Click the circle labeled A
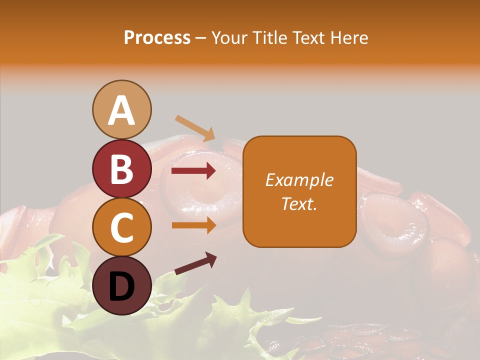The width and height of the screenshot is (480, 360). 121,109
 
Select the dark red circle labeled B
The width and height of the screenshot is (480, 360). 121,168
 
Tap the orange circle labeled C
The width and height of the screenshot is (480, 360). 121,227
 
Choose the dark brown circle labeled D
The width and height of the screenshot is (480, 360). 121,285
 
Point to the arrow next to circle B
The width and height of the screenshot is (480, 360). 193,171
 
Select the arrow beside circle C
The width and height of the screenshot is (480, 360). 193,225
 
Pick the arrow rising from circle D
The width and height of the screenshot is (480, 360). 195,263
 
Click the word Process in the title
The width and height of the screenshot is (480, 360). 157,38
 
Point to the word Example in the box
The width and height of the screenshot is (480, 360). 299,180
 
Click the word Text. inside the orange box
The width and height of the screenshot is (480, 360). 299,203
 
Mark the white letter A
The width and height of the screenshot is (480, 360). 121,110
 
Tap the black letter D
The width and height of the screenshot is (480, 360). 121,286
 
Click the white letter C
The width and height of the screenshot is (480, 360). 121,227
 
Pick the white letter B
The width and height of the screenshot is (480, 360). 121,169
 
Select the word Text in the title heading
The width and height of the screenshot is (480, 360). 307,38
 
